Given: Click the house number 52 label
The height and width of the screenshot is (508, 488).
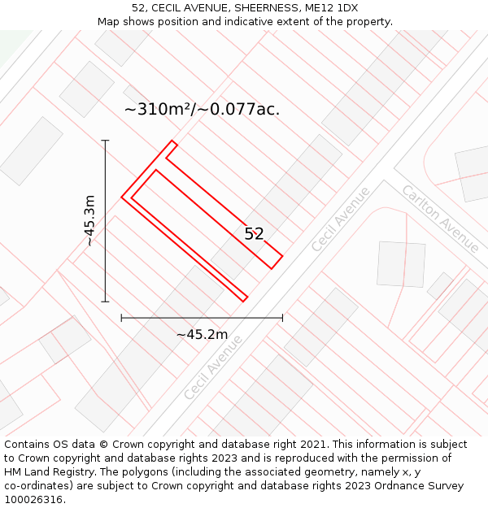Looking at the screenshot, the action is (255, 234).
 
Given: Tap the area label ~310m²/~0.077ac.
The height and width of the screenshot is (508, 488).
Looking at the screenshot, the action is (202, 109).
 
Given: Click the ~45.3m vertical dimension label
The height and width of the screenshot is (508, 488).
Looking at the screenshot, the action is (89, 220).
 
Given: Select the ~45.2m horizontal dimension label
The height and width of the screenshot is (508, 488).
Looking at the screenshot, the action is (202, 334).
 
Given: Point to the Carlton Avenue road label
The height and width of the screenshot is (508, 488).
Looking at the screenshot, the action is (440, 218).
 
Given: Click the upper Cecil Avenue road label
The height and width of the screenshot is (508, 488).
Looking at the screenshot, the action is (341, 218).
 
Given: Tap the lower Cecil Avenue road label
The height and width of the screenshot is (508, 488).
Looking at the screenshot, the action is (213, 367).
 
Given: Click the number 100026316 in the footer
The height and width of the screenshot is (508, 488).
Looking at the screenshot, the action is (33, 499).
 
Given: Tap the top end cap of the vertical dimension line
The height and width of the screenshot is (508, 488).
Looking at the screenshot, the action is (105, 141).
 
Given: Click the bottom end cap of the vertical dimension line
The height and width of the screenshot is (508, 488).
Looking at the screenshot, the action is (105, 302).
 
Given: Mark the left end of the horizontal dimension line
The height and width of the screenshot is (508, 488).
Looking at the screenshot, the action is (122, 318).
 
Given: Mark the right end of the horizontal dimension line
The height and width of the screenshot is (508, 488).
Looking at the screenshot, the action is (282, 318).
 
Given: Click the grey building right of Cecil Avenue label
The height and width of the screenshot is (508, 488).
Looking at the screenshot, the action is (401, 264).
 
